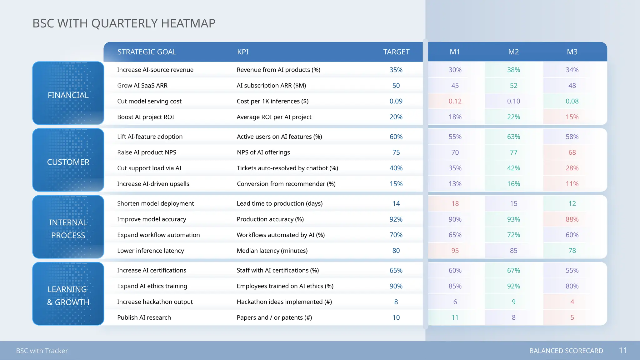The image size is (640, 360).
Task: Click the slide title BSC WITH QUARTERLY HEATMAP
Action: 124,23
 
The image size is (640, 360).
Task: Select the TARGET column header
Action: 396,52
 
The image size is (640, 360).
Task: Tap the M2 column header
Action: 513,52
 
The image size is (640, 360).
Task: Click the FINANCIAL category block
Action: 68,93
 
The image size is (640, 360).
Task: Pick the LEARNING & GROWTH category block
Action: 68,294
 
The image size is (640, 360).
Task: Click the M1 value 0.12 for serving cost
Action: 455,101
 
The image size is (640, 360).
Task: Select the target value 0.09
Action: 396,101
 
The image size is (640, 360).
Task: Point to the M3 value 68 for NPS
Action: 572,152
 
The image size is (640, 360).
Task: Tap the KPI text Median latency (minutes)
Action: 272,251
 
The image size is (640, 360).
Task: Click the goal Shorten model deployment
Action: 155,203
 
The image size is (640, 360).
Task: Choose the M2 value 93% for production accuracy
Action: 513,219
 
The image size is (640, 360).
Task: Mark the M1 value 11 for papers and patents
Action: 455,317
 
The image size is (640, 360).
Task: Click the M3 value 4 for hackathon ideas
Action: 572,302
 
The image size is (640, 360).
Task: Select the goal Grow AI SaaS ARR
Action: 142,86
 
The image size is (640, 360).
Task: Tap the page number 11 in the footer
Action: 623,350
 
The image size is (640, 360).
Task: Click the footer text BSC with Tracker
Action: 42,351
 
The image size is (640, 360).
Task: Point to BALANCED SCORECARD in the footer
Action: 566,351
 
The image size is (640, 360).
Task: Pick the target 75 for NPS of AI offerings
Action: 396,152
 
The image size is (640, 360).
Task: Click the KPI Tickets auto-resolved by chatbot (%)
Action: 287,168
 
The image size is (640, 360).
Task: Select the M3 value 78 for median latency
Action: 572,251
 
